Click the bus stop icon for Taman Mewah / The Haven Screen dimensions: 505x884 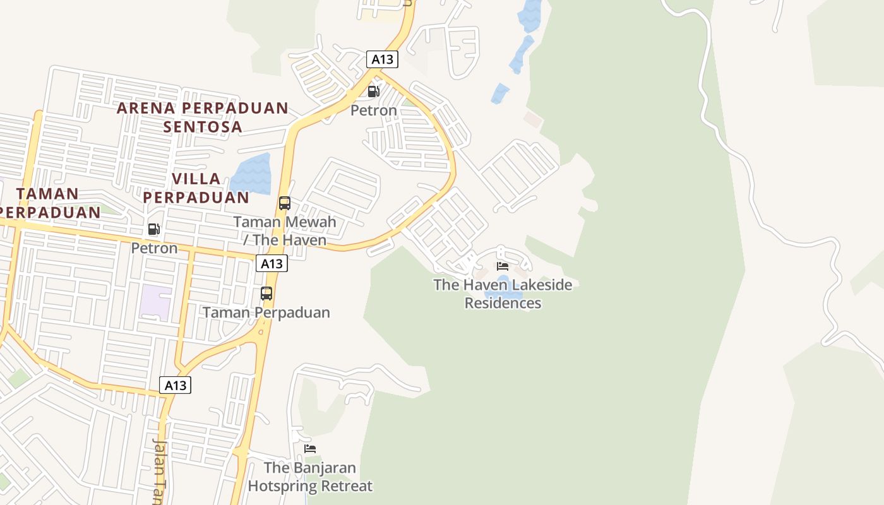285,203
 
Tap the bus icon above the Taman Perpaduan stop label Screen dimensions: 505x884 266,294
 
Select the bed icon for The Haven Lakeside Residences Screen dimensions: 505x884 503,266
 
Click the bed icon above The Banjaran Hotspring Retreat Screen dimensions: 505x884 310,449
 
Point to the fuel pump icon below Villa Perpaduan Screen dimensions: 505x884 153,229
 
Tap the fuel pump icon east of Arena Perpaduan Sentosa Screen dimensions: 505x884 374,92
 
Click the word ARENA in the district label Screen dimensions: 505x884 145,109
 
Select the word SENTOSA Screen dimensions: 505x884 203,127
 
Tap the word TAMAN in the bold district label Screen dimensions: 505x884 48,194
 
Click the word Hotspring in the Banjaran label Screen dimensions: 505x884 282,486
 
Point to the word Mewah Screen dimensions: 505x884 311,222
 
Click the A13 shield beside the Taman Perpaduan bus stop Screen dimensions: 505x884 272,263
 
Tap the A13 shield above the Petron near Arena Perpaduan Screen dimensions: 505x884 382,59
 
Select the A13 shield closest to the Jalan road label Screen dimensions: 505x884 175,384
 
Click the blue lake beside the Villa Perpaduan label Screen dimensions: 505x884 251,173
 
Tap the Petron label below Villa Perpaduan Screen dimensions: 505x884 155,248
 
